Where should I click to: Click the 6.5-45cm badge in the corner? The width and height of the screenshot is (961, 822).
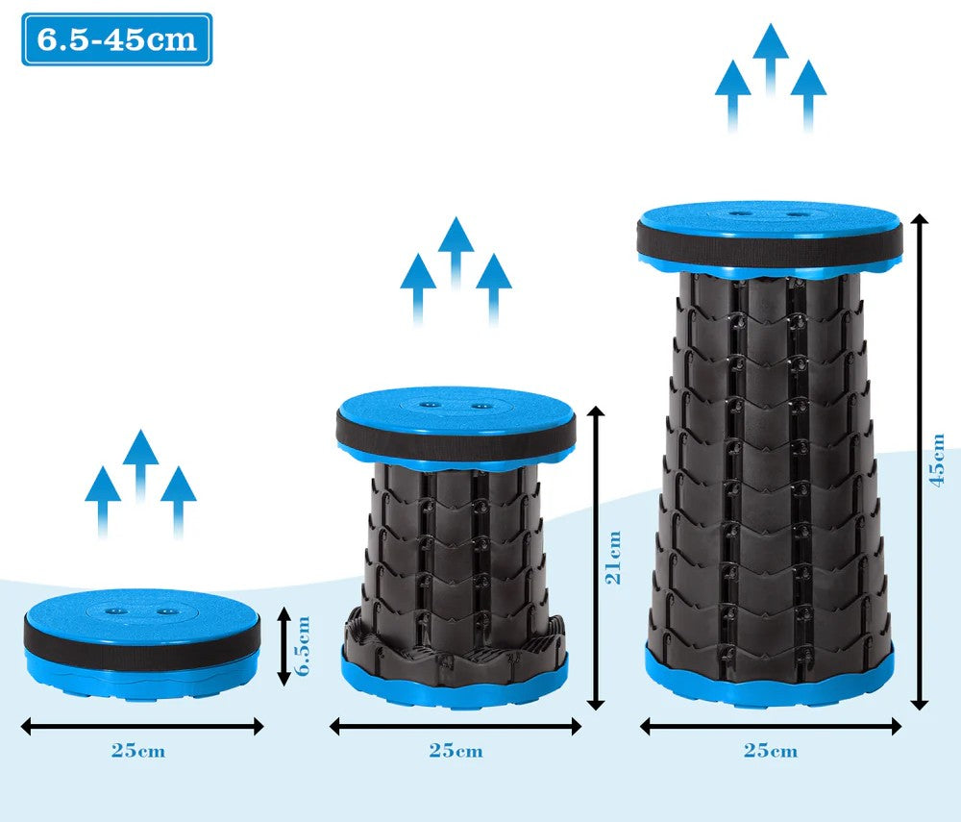117,39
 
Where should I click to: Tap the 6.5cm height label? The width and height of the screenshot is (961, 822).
302,645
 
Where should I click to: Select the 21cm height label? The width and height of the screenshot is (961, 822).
613,558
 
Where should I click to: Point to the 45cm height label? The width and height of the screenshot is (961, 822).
937,460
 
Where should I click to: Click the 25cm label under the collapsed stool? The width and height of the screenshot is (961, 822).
137,751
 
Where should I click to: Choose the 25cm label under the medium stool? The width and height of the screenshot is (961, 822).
456,751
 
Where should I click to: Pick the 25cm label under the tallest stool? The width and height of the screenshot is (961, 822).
771,751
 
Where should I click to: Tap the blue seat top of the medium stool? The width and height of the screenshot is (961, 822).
456,406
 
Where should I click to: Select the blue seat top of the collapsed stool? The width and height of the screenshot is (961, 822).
143,610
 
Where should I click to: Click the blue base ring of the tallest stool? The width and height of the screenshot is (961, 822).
770,681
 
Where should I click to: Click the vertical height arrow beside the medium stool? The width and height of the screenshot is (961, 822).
596,558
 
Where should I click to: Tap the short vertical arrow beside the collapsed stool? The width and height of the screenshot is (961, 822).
283,645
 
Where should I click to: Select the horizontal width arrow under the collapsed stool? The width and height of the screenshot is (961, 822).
142,727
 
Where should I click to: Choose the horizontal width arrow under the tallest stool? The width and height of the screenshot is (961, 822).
771,727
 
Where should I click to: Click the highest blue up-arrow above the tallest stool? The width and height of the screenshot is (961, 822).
771,60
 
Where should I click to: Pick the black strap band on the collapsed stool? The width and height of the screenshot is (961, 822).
142,642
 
